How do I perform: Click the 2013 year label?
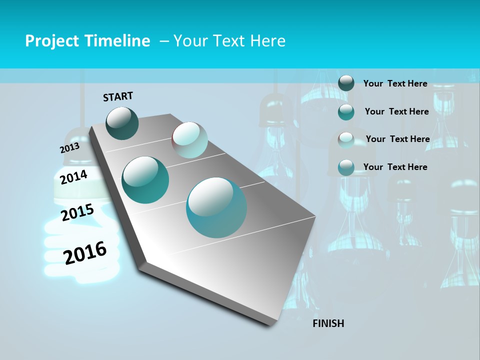click(x=69, y=148)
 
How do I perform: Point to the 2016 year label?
click(x=85, y=253)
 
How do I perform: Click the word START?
click(x=118, y=96)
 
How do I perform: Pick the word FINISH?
click(x=328, y=323)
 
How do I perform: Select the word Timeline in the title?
click(x=118, y=41)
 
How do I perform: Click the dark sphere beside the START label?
click(x=122, y=123)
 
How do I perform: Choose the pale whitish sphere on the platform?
click(x=189, y=140)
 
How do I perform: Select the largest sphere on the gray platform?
click(x=216, y=207)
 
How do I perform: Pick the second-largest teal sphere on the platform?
click(x=145, y=180)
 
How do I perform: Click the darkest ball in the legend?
click(x=346, y=83)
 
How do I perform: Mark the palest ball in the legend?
click(x=346, y=139)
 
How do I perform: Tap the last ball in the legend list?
click(x=346, y=167)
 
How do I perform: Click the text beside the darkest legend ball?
click(x=395, y=83)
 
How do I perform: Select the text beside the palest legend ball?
click(x=397, y=139)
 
